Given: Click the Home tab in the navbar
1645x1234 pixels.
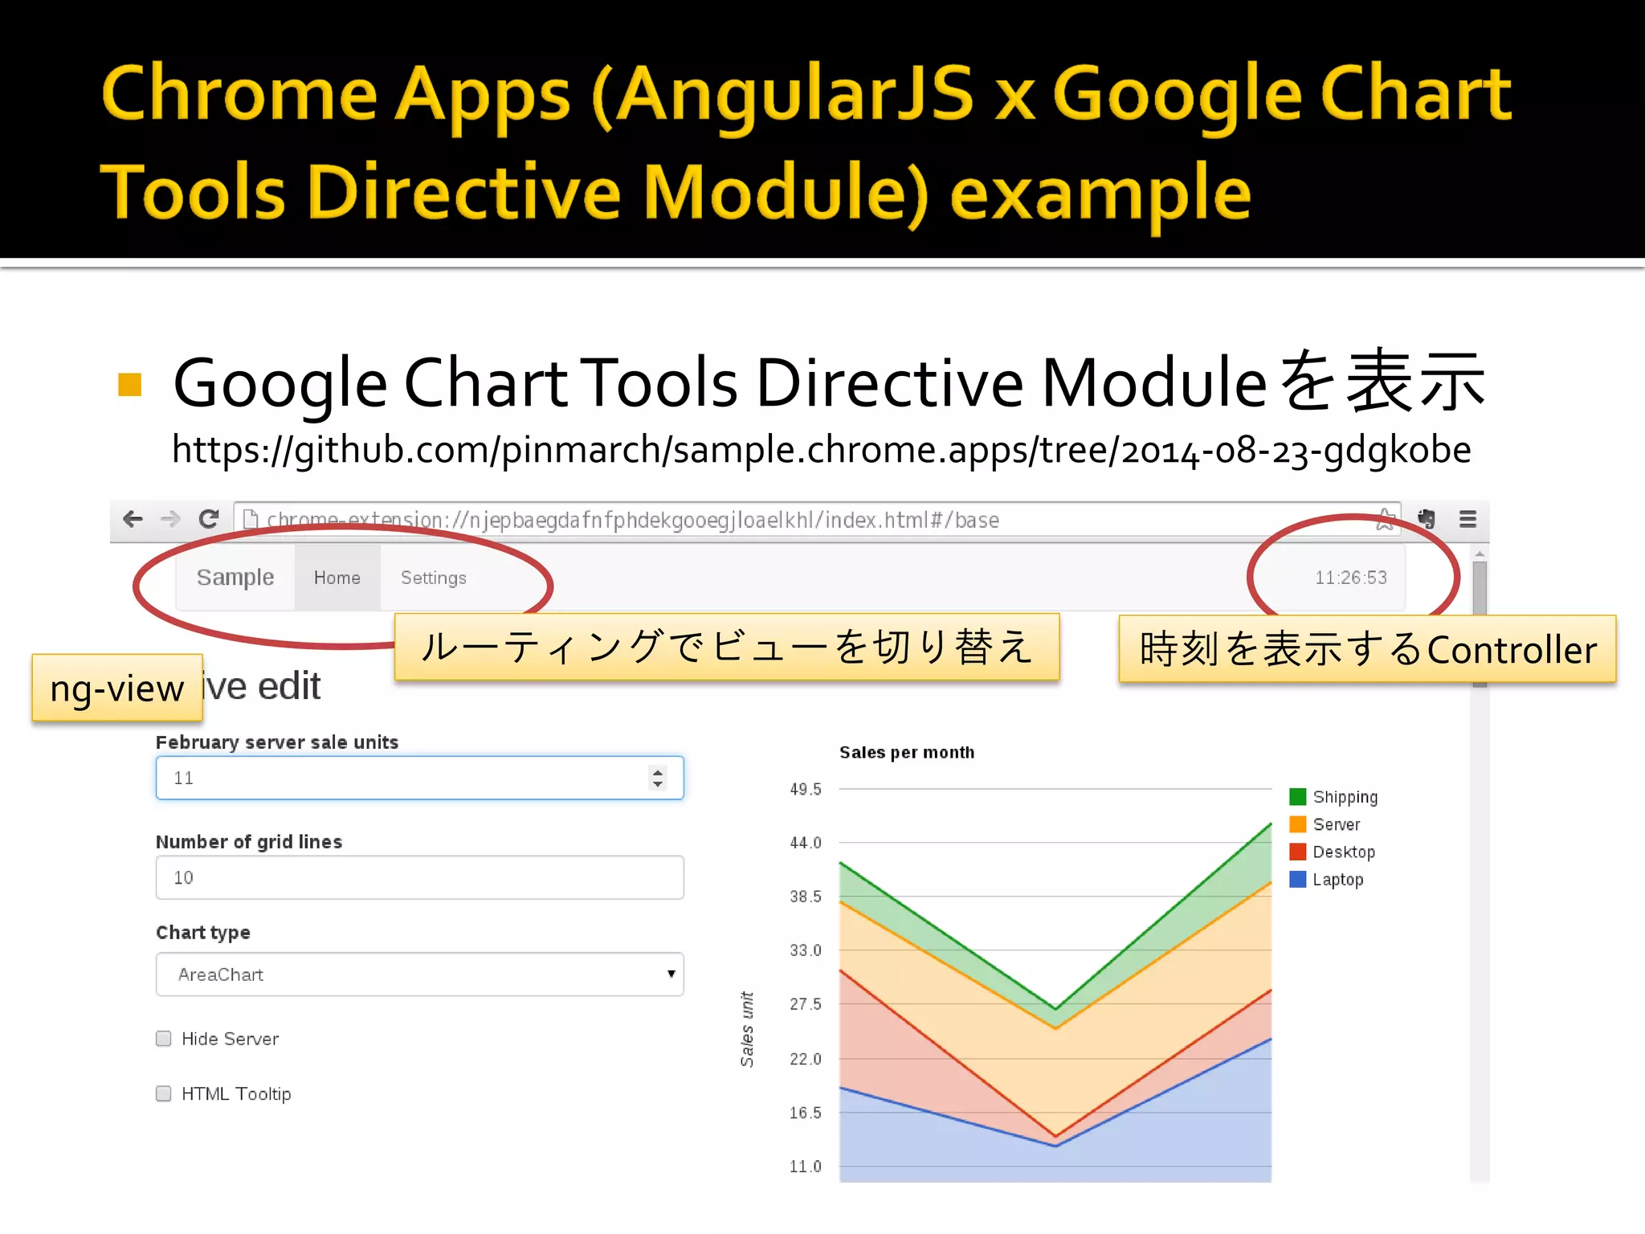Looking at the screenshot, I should [337, 578].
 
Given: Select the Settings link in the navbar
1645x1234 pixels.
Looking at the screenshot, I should [433, 578].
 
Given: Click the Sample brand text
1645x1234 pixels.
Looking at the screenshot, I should [235, 578].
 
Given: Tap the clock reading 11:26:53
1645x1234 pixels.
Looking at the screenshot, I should [1350, 578].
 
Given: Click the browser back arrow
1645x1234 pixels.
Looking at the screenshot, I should [133, 519].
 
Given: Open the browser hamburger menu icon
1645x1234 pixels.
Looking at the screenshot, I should [1467, 519].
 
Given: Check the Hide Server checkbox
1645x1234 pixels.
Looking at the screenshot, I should [164, 1039].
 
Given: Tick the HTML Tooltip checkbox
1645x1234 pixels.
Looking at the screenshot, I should [164, 1093].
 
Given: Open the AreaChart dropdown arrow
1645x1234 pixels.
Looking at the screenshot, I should [671, 974].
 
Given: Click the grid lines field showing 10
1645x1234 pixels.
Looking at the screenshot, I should [419, 877].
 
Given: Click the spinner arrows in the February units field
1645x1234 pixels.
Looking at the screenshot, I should [658, 778].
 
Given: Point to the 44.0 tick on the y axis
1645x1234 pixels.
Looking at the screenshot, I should [806, 843].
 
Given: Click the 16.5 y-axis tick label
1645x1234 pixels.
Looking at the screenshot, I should [806, 1113].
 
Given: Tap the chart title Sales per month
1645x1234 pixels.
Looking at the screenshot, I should [907, 753].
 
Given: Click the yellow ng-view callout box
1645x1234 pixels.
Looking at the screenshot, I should [117, 689].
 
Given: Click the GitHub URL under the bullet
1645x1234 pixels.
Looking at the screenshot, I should [821, 450].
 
